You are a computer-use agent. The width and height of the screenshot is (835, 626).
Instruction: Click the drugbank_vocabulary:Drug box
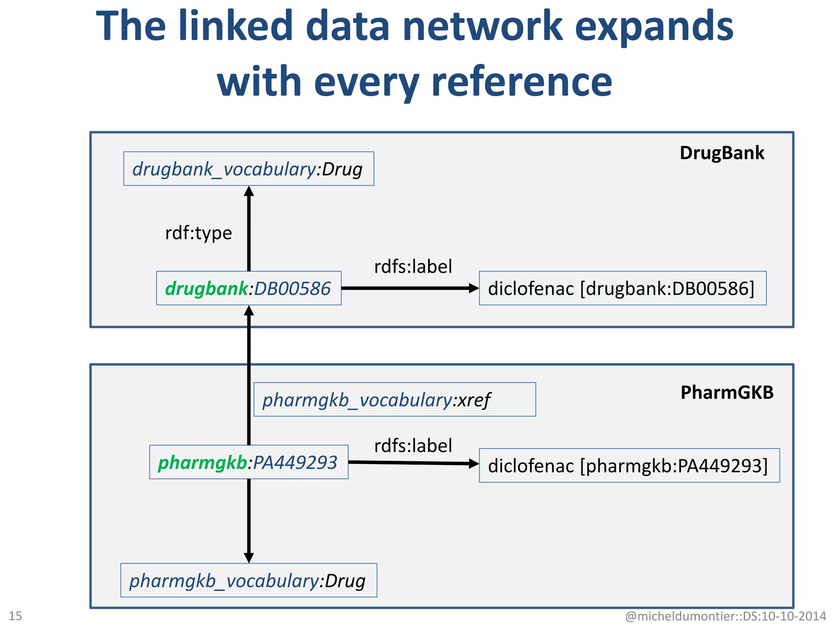pyautogui.click(x=248, y=169)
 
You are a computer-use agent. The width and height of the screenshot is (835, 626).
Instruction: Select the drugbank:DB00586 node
pyautogui.click(x=248, y=288)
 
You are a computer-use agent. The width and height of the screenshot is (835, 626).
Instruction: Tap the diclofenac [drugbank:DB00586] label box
pyautogui.click(x=622, y=288)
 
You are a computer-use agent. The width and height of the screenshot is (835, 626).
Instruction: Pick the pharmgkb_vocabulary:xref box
pyautogui.click(x=394, y=399)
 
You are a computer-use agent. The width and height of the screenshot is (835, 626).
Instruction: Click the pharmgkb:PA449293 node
pyautogui.click(x=248, y=462)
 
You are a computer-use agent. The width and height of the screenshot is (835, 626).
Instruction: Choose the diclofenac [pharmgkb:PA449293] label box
pyautogui.click(x=629, y=465)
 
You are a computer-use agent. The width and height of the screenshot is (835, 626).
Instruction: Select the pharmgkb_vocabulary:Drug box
pyautogui.click(x=248, y=580)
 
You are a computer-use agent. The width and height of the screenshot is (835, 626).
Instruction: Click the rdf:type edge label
pyautogui.click(x=199, y=233)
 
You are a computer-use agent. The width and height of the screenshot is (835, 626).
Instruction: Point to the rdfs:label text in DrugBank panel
pyautogui.click(x=413, y=267)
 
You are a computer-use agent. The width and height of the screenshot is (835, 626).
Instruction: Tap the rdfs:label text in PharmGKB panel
pyautogui.click(x=413, y=445)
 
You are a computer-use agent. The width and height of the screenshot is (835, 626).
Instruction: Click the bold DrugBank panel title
pyautogui.click(x=722, y=153)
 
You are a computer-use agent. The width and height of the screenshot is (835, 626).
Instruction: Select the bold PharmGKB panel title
pyautogui.click(x=727, y=392)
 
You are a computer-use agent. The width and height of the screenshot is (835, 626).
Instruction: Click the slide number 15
pyautogui.click(x=15, y=615)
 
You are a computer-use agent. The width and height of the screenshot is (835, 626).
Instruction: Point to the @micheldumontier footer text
pyautogui.click(x=725, y=616)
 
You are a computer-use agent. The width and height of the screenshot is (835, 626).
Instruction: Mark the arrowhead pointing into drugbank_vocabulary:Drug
pyautogui.click(x=249, y=191)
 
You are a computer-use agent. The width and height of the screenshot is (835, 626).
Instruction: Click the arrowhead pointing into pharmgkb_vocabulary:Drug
pyautogui.click(x=249, y=558)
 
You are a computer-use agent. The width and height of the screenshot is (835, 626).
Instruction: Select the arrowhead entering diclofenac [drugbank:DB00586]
pyautogui.click(x=474, y=288)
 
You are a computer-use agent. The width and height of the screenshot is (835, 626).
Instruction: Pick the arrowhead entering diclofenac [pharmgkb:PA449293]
pyautogui.click(x=474, y=463)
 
